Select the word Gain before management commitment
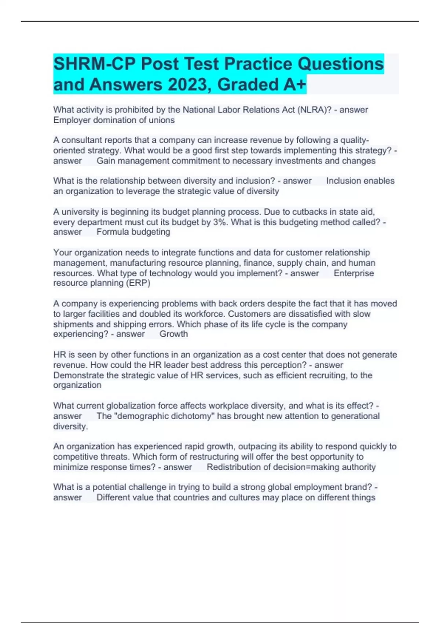pos(106,161)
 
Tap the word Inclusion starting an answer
pos(344,181)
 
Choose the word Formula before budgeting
pos(113,232)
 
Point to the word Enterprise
pos(354,273)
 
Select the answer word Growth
pos(173,334)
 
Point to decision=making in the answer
pos(308,467)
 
